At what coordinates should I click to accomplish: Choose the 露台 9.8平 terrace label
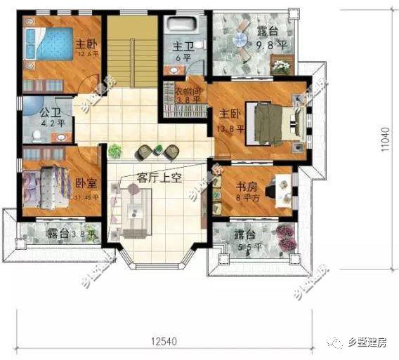pos(271,36)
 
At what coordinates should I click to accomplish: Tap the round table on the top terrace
pos(239,42)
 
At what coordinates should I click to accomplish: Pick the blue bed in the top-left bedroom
pos(48,47)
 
